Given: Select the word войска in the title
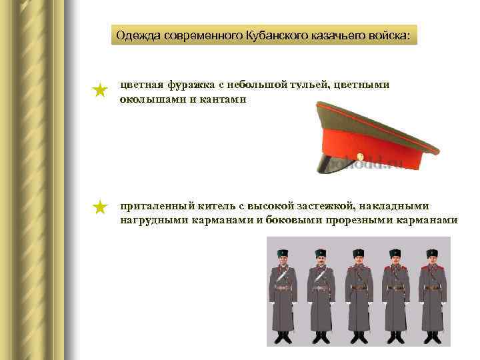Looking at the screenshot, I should point(390,35).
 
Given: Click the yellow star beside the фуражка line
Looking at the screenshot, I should point(100,90).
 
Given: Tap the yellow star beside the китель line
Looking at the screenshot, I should point(100,207).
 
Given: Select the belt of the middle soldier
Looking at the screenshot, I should point(359,287).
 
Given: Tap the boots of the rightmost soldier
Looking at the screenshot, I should point(432,337).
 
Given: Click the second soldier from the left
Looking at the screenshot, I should point(321,293).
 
